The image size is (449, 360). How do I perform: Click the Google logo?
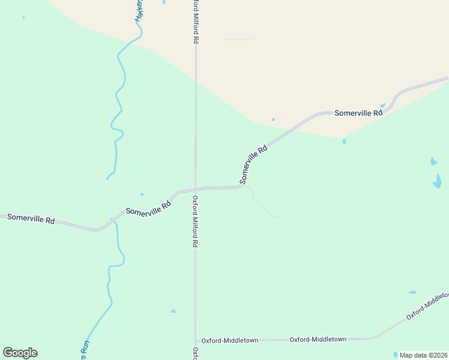point(20,353)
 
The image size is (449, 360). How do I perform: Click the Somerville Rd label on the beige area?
point(358,112)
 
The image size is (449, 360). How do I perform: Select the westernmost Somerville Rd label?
point(31,218)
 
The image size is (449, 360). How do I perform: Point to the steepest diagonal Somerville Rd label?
point(253,164)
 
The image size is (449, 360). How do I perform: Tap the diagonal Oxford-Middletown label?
point(427,307)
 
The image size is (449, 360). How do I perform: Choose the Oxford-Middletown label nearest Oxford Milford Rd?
point(229,340)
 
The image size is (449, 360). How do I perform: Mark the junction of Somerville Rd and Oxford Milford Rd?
point(195,189)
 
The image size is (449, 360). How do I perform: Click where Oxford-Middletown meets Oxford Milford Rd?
point(195,340)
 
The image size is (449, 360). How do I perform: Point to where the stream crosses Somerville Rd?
point(112,220)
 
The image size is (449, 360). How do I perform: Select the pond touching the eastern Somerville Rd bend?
point(383,106)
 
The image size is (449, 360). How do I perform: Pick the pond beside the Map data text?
point(395,354)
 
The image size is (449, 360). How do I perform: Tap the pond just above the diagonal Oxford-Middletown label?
point(412,292)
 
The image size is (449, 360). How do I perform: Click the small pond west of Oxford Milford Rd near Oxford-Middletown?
point(173,311)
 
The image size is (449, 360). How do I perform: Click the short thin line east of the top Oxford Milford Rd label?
point(238,40)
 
